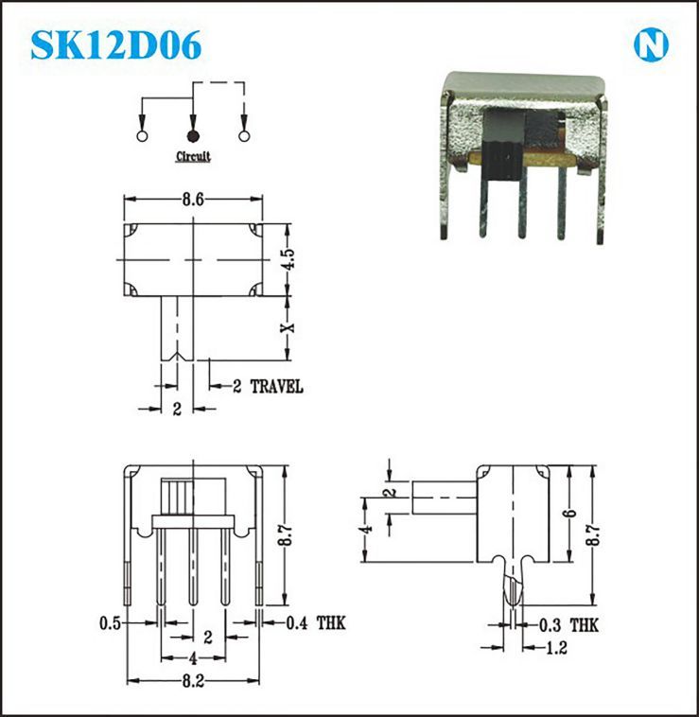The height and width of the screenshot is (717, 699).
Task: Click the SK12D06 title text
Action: pos(116,44)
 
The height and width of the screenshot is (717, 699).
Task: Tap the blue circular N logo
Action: pos(651,44)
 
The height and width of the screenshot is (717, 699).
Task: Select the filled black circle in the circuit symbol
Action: pos(193,136)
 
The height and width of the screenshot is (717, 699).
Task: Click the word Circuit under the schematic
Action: pos(193,156)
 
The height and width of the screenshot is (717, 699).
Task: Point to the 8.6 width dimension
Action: pos(193,200)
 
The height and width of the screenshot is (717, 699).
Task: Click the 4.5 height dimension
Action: pos(289,259)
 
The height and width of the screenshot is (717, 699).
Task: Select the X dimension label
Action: pos(288,327)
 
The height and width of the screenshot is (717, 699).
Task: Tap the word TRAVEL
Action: pos(276,387)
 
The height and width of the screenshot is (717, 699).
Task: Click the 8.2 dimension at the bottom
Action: pos(193,681)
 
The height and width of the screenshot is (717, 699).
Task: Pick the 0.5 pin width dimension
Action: pos(110,622)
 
